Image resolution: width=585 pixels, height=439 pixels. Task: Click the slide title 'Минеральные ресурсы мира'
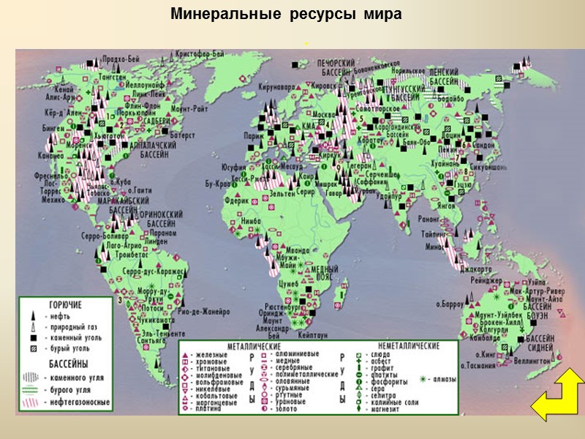click(x=286, y=15)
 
